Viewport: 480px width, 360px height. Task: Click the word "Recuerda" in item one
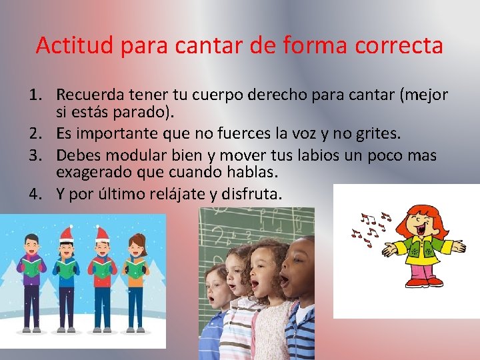point(90,95)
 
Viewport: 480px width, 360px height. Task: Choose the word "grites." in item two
point(377,133)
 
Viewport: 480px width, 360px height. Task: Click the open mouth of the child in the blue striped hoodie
point(285,281)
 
